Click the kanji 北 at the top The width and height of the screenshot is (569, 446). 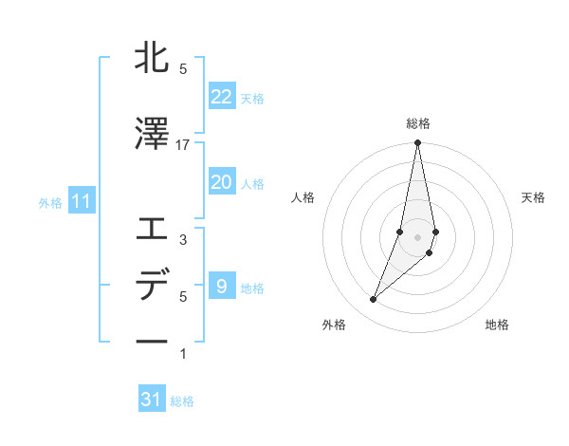tap(152, 58)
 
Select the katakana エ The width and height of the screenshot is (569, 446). tap(152, 229)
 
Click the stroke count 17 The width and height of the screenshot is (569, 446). tap(183, 145)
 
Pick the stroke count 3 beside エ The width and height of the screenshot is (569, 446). tap(183, 240)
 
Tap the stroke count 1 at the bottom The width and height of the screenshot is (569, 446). tap(183, 354)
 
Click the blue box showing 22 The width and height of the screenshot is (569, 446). tap(221, 97)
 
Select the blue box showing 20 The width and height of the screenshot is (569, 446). tap(221, 182)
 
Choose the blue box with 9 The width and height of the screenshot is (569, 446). tap(221, 287)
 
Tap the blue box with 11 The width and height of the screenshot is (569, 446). tap(81, 201)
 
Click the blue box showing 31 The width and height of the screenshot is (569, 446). tap(152, 400)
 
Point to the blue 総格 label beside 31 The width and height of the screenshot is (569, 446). tap(182, 401)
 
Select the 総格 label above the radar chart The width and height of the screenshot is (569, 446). tap(417, 123)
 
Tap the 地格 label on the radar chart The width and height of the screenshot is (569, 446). tap(497, 325)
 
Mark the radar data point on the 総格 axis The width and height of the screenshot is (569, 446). tap(417, 143)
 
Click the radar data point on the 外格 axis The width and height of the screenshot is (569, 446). tap(373, 300)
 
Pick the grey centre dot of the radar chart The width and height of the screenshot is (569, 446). tap(417, 236)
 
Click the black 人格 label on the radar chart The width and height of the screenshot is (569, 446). tap(303, 197)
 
